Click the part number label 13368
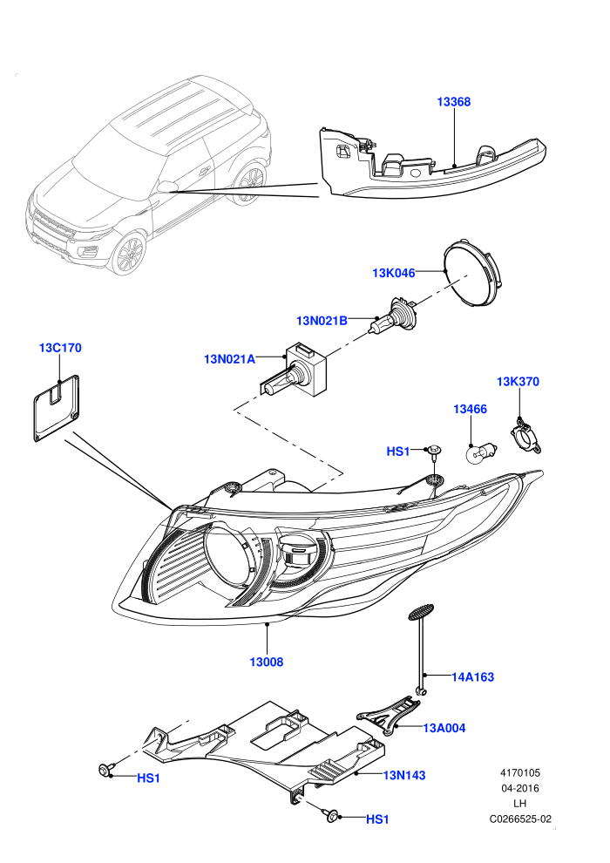click(x=454, y=102)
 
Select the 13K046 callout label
click(x=394, y=273)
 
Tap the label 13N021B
click(x=322, y=320)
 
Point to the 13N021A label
click(x=229, y=359)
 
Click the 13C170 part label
click(x=60, y=348)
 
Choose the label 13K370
click(x=518, y=382)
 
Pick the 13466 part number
click(x=471, y=409)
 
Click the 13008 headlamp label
click(x=267, y=662)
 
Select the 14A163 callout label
click(x=473, y=677)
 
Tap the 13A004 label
click(x=444, y=728)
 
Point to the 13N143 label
click(x=404, y=776)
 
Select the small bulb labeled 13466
click(x=480, y=453)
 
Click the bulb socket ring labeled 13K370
click(x=526, y=438)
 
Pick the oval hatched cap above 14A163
click(x=421, y=613)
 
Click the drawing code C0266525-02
click(x=520, y=819)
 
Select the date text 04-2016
click(x=519, y=788)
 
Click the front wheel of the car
click(x=129, y=254)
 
